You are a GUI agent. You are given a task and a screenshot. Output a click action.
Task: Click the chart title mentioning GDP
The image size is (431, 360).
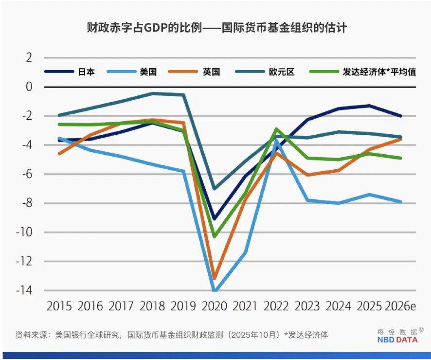click(x=216, y=27)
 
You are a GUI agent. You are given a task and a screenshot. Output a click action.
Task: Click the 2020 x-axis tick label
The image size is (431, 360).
click(x=215, y=306)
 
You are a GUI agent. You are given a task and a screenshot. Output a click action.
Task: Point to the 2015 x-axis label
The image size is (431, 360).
click(x=59, y=306)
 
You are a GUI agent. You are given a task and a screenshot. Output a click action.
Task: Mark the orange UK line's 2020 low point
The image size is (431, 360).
click(x=215, y=278)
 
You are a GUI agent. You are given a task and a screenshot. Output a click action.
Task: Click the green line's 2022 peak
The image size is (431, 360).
click(x=276, y=129)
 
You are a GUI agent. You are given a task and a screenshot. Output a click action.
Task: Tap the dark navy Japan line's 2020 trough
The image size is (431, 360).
click(x=215, y=219)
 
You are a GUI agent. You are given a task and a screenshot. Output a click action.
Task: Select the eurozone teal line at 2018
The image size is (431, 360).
click(x=152, y=93)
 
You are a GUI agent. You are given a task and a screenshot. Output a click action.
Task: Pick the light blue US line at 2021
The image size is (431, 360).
click(x=245, y=252)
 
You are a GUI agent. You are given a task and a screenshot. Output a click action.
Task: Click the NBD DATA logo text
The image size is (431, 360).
click(x=397, y=340)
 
